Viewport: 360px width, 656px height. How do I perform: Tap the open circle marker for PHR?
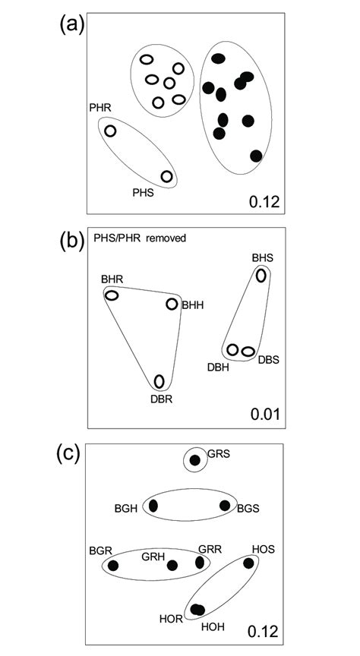pyautogui.click(x=110, y=131)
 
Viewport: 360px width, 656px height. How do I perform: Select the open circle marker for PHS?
pyautogui.click(x=167, y=177)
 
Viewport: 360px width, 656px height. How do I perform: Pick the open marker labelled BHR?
pyautogui.click(x=112, y=295)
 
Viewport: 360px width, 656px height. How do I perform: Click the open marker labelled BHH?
pyautogui.click(x=172, y=304)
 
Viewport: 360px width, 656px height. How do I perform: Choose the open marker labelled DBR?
pyautogui.click(x=159, y=381)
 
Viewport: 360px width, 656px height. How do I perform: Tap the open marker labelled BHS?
pyautogui.click(x=261, y=276)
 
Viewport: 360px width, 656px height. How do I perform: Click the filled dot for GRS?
pyautogui.click(x=195, y=460)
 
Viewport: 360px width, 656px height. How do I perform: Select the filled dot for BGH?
pyautogui.click(x=153, y=506)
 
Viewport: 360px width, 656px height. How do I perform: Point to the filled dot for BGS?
pyautogui.click(x=224, y=506)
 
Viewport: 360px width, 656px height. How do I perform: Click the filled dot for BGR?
pyautogui.click(x=114, y=565)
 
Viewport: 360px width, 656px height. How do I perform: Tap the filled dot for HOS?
pyautogui.click(x=248, y=563)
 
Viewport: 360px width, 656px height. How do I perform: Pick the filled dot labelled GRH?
pyautogui.click(x=172, y=565)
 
